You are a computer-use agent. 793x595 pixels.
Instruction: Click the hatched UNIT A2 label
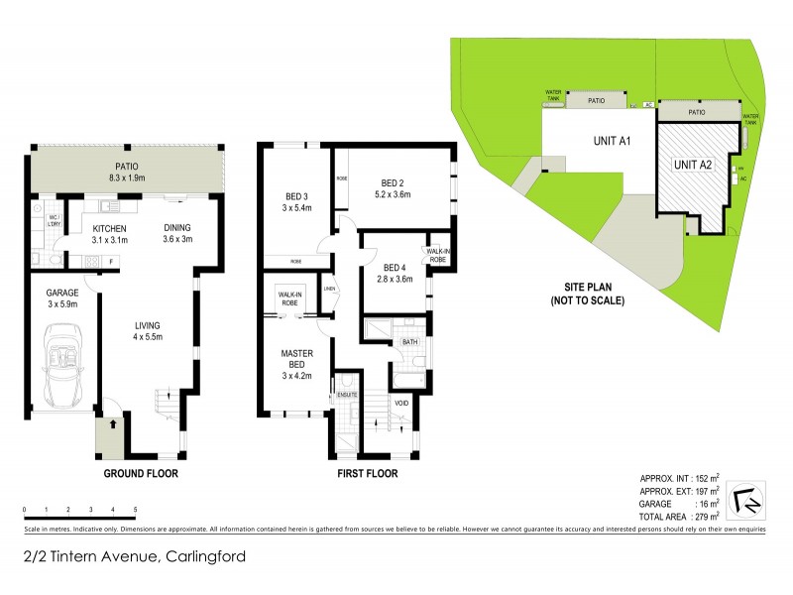(x=693, y=165)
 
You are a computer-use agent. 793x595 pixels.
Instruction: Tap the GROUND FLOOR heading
(x=142, y=474)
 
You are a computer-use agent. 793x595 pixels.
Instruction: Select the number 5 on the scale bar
(x=135, y=509)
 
